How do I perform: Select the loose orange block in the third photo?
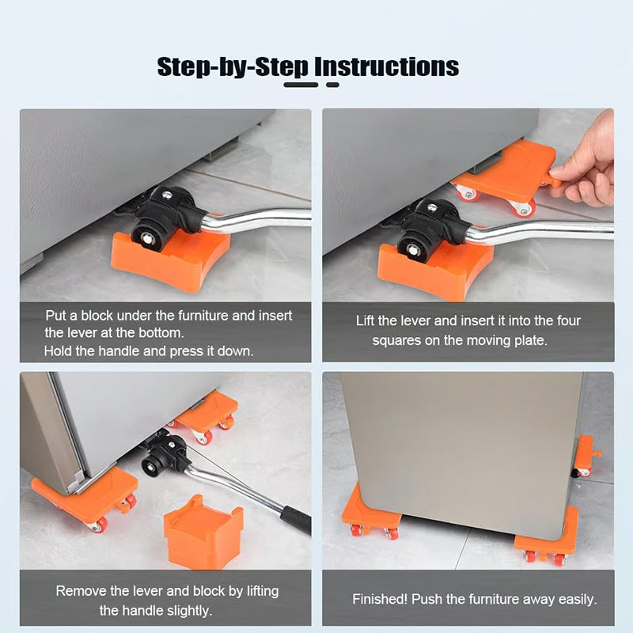tap(203, 532)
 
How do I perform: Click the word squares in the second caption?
tap(397, 340)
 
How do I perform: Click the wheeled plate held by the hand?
tap(506, 176)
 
